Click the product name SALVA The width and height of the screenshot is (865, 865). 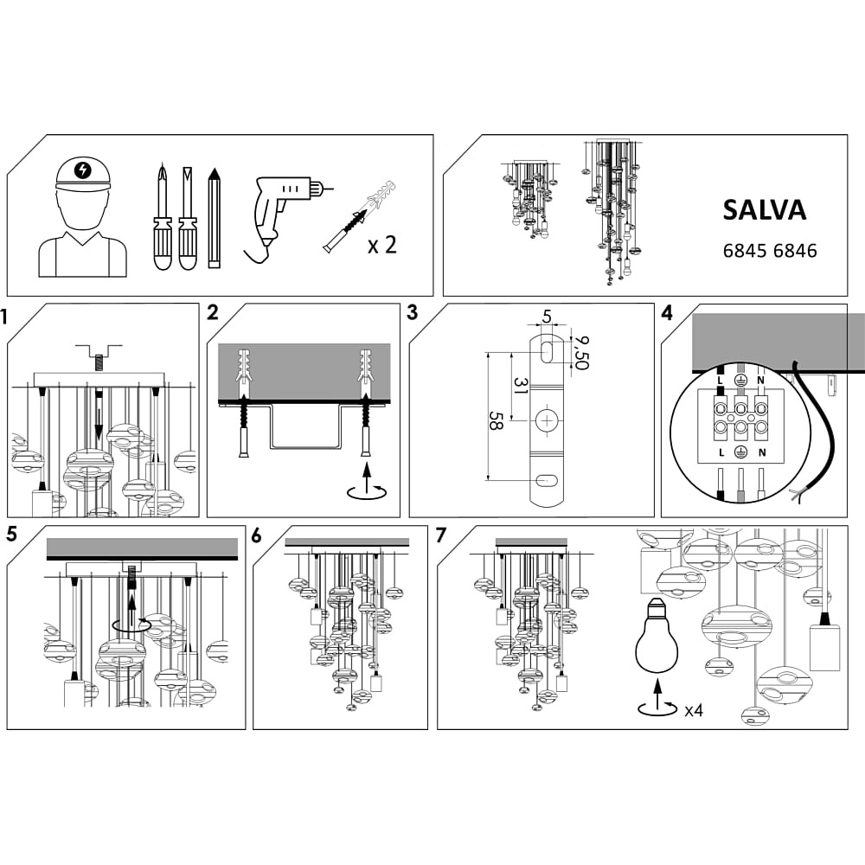coord(764,210)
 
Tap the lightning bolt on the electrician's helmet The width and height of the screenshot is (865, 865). coord(82,170)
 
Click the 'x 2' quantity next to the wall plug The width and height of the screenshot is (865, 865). coord(382,245)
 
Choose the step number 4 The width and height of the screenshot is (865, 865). coord(666,313)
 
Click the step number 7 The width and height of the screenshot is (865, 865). coord(441,535)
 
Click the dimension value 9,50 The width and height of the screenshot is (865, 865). coord(581,352)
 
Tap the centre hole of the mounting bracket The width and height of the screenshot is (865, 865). coord(547,421)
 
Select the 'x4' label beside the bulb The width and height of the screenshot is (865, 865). coord(693,711)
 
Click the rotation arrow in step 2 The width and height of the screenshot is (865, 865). coord(368,486)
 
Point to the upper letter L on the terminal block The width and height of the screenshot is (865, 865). coord(720,380)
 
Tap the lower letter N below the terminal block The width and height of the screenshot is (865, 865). coord(761,452)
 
